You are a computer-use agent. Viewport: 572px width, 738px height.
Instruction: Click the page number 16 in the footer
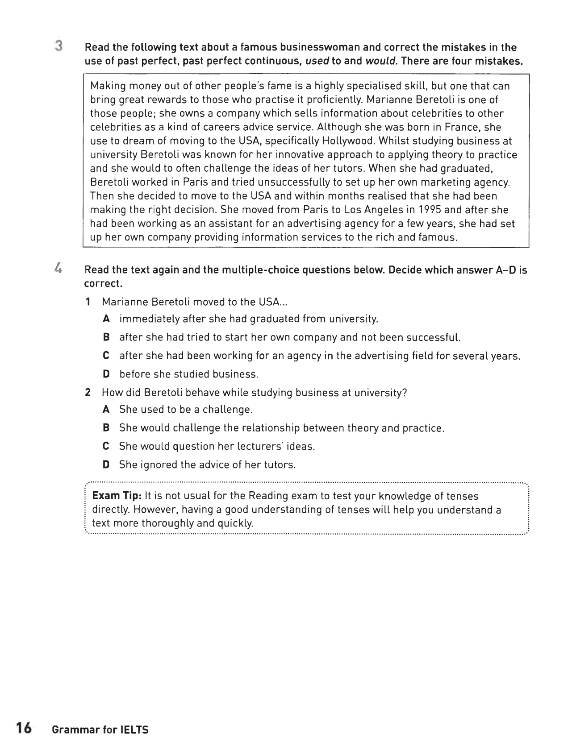click(24, 728)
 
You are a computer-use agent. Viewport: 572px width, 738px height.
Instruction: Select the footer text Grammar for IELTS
click(100, 730)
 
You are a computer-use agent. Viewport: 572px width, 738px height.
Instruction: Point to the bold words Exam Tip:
click(117, 496)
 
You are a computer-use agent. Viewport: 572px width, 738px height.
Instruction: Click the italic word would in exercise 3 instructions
click(381, 61)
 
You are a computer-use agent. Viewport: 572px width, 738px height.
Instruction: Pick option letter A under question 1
click(106, 319)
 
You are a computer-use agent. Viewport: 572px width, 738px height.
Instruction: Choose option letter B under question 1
click(106, 337)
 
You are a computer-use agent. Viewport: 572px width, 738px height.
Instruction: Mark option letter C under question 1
click(106, 356)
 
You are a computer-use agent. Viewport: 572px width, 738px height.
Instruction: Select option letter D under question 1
click(106, 374)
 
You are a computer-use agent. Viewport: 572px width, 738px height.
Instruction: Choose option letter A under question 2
click(106, 409)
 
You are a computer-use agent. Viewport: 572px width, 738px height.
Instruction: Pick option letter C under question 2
click(106, 446)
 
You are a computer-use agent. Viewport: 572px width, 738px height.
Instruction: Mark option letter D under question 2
click(106, 464)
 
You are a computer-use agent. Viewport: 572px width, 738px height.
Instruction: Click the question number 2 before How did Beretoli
click(88, 393)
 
